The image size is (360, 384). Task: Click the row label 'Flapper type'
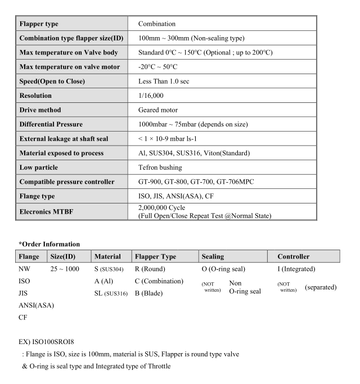pos(39,24)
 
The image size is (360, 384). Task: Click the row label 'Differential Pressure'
pos(51,124)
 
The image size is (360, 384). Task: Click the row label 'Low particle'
pos(39,168)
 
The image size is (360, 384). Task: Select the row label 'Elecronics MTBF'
pos(47,211)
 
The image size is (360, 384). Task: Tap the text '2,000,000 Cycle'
pos(164,207)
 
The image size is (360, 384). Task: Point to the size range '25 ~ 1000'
pos(65,269)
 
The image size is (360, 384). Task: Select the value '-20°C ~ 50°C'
pos(161,66)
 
